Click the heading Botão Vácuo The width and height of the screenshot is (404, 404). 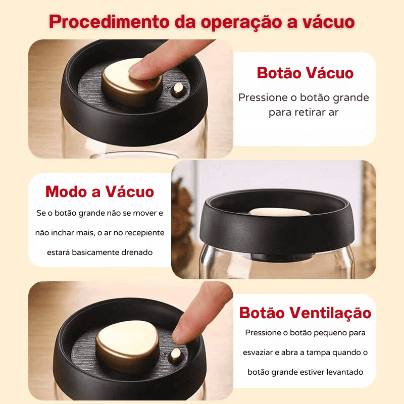[x=305, y=73]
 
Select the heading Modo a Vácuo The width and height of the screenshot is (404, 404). [x=99, y=192]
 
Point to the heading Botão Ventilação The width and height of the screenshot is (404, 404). [x=305, y=313]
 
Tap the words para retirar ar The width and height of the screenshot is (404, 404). [x=304, y=112]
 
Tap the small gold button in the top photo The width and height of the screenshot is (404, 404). [x=178, y=90]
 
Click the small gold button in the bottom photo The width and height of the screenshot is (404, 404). [x=176, y=355]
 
